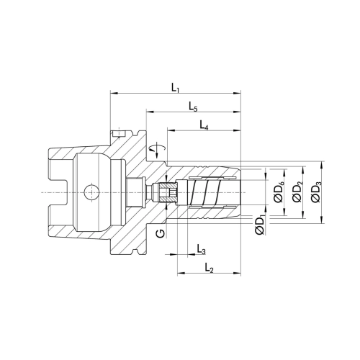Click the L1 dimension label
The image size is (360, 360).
coord(176,89)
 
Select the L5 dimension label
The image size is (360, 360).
coord(193,107)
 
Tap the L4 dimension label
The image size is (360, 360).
coord(204,125)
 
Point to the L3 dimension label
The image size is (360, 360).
coord(201,249)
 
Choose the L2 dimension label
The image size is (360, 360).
coord(210,268)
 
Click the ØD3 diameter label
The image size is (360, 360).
coord(316,192)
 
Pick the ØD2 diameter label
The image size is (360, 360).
coord(297,192)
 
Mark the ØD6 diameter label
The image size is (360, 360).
coord(279,192)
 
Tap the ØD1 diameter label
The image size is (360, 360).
coord(260,225)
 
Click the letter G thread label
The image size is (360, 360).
coord(161,233)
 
